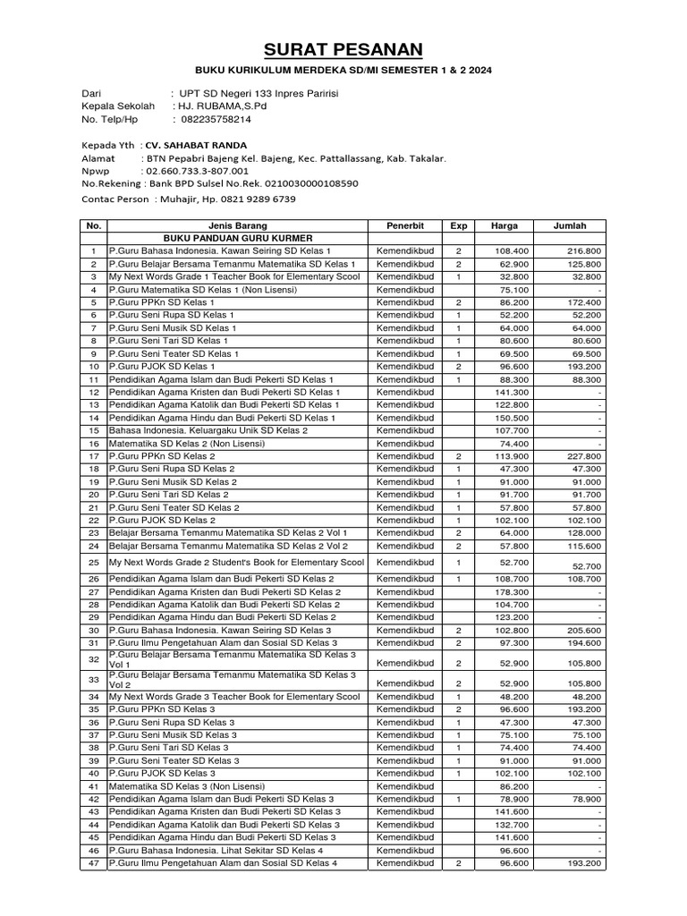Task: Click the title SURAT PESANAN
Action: [343, 49]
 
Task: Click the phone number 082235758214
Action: [216, 119]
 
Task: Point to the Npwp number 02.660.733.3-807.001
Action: [194, 170]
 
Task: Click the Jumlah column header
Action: [570, 226]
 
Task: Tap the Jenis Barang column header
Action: [237, 226]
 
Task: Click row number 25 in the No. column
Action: [93, 562]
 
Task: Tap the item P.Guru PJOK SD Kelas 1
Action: [162, 367]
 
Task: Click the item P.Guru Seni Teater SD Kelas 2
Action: [174, 507]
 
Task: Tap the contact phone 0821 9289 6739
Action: [265, 199]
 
